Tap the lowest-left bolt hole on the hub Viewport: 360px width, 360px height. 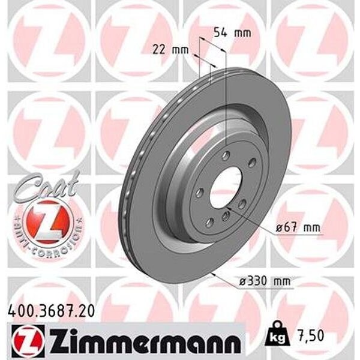tap(209, 223)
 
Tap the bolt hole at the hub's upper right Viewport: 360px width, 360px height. tap(252, 160)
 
